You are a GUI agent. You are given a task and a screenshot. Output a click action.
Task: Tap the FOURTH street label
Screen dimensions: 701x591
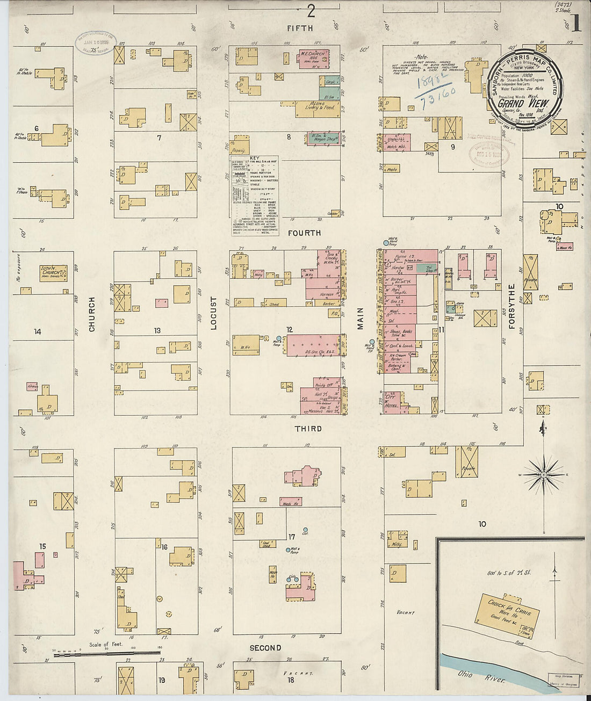tap(304, 233)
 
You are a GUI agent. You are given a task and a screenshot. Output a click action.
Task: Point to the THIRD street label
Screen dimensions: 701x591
tap(308, 429)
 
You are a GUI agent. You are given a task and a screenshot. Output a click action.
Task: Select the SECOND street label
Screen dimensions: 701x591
tap(265, 648)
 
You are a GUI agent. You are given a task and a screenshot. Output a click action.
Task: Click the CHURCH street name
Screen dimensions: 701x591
tap(92, 314)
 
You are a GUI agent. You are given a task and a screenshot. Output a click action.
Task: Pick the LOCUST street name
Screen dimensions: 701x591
tap(214, 313)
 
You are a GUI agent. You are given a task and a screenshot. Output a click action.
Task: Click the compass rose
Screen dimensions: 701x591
tap(543, 475)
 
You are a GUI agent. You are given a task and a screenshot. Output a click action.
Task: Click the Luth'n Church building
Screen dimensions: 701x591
tap(53, 273)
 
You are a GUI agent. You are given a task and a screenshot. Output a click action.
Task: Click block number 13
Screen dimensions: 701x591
tap(157, 330)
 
